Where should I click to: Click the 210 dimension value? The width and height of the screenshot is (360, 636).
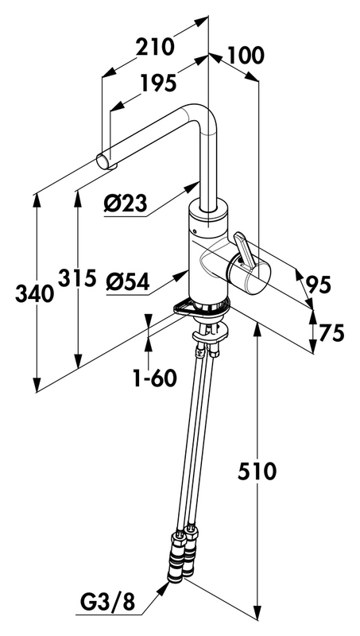pos(154,47)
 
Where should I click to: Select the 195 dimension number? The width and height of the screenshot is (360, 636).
pos(159,83)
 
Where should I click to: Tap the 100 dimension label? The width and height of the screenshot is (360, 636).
pos(246,55)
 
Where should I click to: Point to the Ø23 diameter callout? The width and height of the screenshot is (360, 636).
pos(125,203)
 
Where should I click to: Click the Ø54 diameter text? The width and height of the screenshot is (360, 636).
pos(128,281)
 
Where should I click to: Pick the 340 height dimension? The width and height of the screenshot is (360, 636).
pos(34,293)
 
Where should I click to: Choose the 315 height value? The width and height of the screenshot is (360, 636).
pos(77,277)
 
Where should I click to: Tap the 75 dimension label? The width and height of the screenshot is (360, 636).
pos(331,332)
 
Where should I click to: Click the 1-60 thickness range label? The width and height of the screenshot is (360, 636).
pos(156,378)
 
